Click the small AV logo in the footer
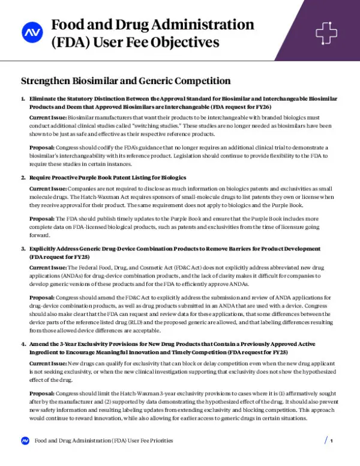25,441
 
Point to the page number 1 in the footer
331,441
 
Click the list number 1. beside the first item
23,98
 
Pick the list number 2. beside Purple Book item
23,178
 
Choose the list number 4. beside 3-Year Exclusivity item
23,344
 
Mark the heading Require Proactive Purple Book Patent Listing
107,178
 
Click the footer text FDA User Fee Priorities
103,441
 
